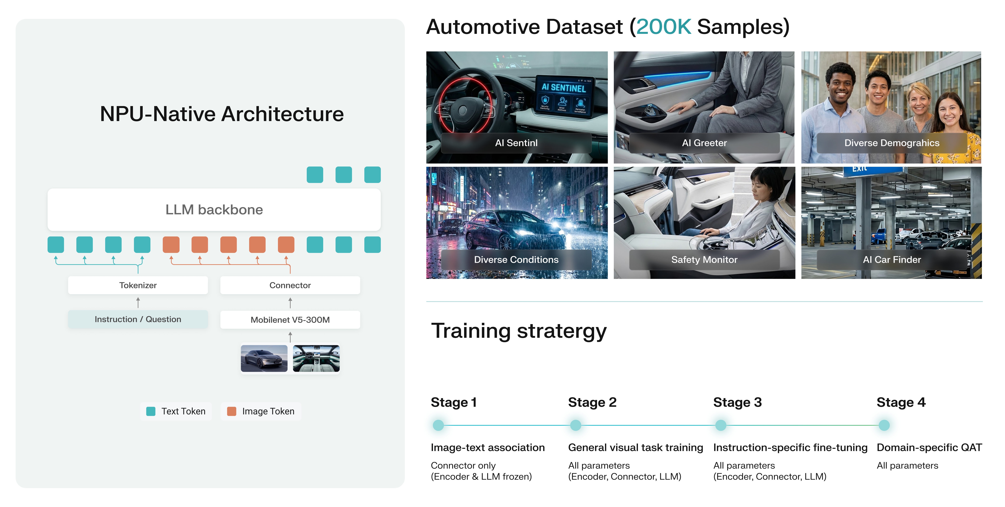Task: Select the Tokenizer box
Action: click(x=138, y=285)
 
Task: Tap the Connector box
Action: click(x=290, y=285)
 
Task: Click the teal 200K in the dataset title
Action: click(x=663, y=27)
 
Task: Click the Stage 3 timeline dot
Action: click(x=721, y=425)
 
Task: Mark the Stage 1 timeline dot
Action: click(x=438, y=425)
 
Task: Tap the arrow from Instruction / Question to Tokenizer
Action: click(x=138, y=302)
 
